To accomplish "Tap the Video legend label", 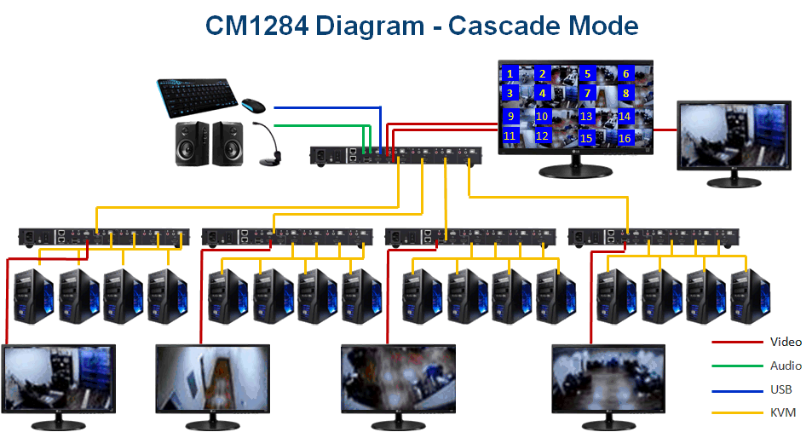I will [786, 342].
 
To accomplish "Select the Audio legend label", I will [786, 366].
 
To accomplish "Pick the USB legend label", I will [780, 389].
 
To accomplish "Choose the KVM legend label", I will [782, 412].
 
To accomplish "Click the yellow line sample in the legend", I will [736, 413].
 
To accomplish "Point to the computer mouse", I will [252, 106].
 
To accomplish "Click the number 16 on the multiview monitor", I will [625, 137].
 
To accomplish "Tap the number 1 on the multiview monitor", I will [510, 74].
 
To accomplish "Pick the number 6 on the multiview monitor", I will [625, 74].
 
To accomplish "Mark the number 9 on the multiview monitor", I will [510, 116].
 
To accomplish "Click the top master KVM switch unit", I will [395, 155].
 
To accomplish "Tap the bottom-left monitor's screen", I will [59, 378].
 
